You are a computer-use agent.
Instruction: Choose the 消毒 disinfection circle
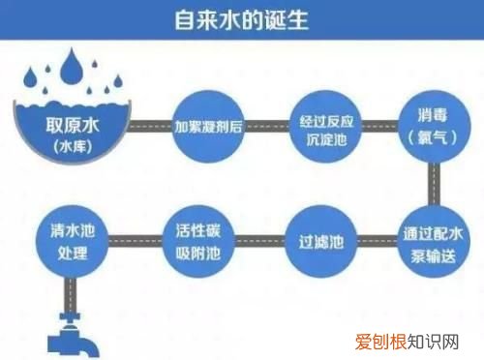(433, 127)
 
